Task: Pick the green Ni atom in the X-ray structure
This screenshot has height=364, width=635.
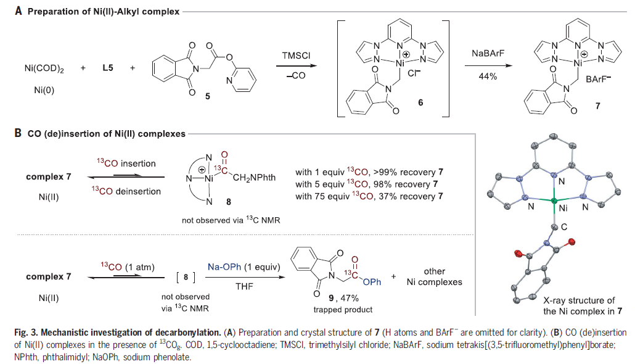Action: [554, 201]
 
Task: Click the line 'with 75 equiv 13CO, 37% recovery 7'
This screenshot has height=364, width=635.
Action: [369, 196]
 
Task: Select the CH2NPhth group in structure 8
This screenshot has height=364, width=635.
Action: [253, 180]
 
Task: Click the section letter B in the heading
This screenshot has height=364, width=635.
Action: [10, 132]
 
